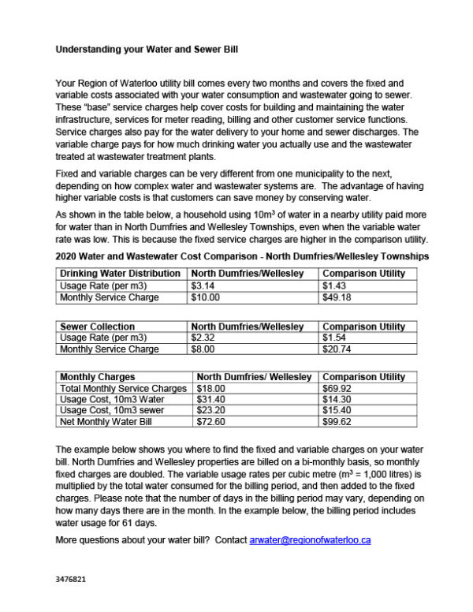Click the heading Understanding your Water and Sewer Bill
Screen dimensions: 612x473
click(x=147, y=48)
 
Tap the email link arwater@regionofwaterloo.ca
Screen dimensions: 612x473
click(x=310, y=540)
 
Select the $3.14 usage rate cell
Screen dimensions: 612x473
click(x=203, y=285)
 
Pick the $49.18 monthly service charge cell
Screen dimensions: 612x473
click(x=335, y=297)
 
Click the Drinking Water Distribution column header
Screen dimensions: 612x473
click(x=122, y=273)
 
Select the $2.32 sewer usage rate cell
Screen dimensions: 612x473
click(x=203, y=338)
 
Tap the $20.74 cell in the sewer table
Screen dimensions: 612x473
click(x=335, y=349)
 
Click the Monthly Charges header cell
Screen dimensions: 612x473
click(x=98, y=377)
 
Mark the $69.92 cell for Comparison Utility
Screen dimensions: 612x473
click(x=337, y=389)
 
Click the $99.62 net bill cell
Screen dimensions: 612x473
click(x=337, y=423)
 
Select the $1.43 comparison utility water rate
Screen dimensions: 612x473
click(x=334, y=285)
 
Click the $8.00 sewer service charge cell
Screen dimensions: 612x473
click(x=202, y=349)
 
